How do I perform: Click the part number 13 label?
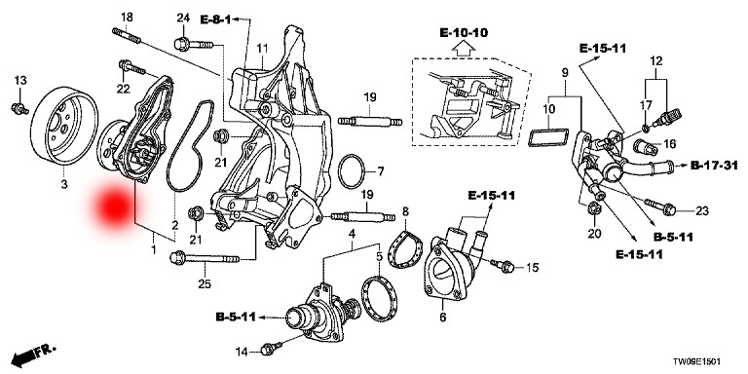point(20,81)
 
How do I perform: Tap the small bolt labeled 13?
point(19,109)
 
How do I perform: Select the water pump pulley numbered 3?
point(63,127)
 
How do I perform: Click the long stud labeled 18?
point(127,36)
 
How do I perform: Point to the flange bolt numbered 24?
point(193,45)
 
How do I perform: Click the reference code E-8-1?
point(215,19)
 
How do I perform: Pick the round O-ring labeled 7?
point(352,170)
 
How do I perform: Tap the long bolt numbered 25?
point(205,258)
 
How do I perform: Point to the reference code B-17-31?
point(714,166)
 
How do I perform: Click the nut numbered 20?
point(594,208)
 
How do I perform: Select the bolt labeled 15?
point(504,266)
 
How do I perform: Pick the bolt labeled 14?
point(271,348)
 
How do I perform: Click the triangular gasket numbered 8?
point(405,249)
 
